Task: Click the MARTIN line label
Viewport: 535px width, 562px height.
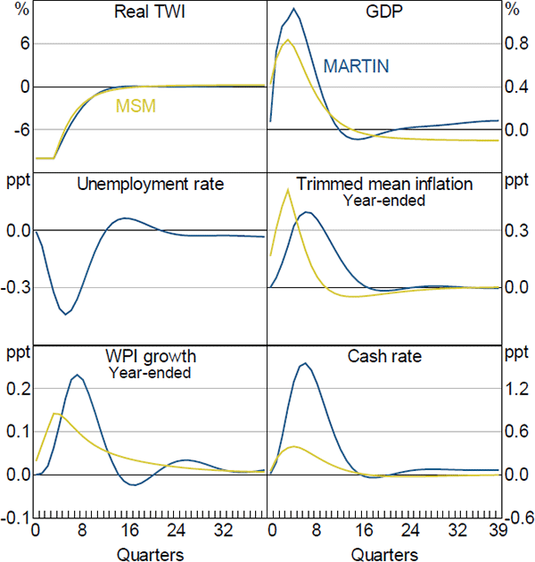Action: (356, 66)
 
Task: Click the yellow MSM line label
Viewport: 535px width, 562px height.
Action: (136, 106)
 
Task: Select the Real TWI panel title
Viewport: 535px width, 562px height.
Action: (150, 14)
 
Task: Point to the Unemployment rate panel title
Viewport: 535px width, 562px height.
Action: (150, 185)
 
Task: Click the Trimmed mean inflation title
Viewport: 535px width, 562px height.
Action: (384, 185)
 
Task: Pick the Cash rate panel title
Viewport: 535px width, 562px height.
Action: (384, 357)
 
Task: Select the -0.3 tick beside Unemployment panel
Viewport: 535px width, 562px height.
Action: (16, 289)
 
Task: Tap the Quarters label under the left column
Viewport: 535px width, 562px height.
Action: (150, 553)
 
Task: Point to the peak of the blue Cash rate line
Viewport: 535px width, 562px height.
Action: (306, 363)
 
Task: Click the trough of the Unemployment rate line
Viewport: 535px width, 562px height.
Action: (66, 314)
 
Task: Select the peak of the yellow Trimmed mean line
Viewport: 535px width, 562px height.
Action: (287, 189)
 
